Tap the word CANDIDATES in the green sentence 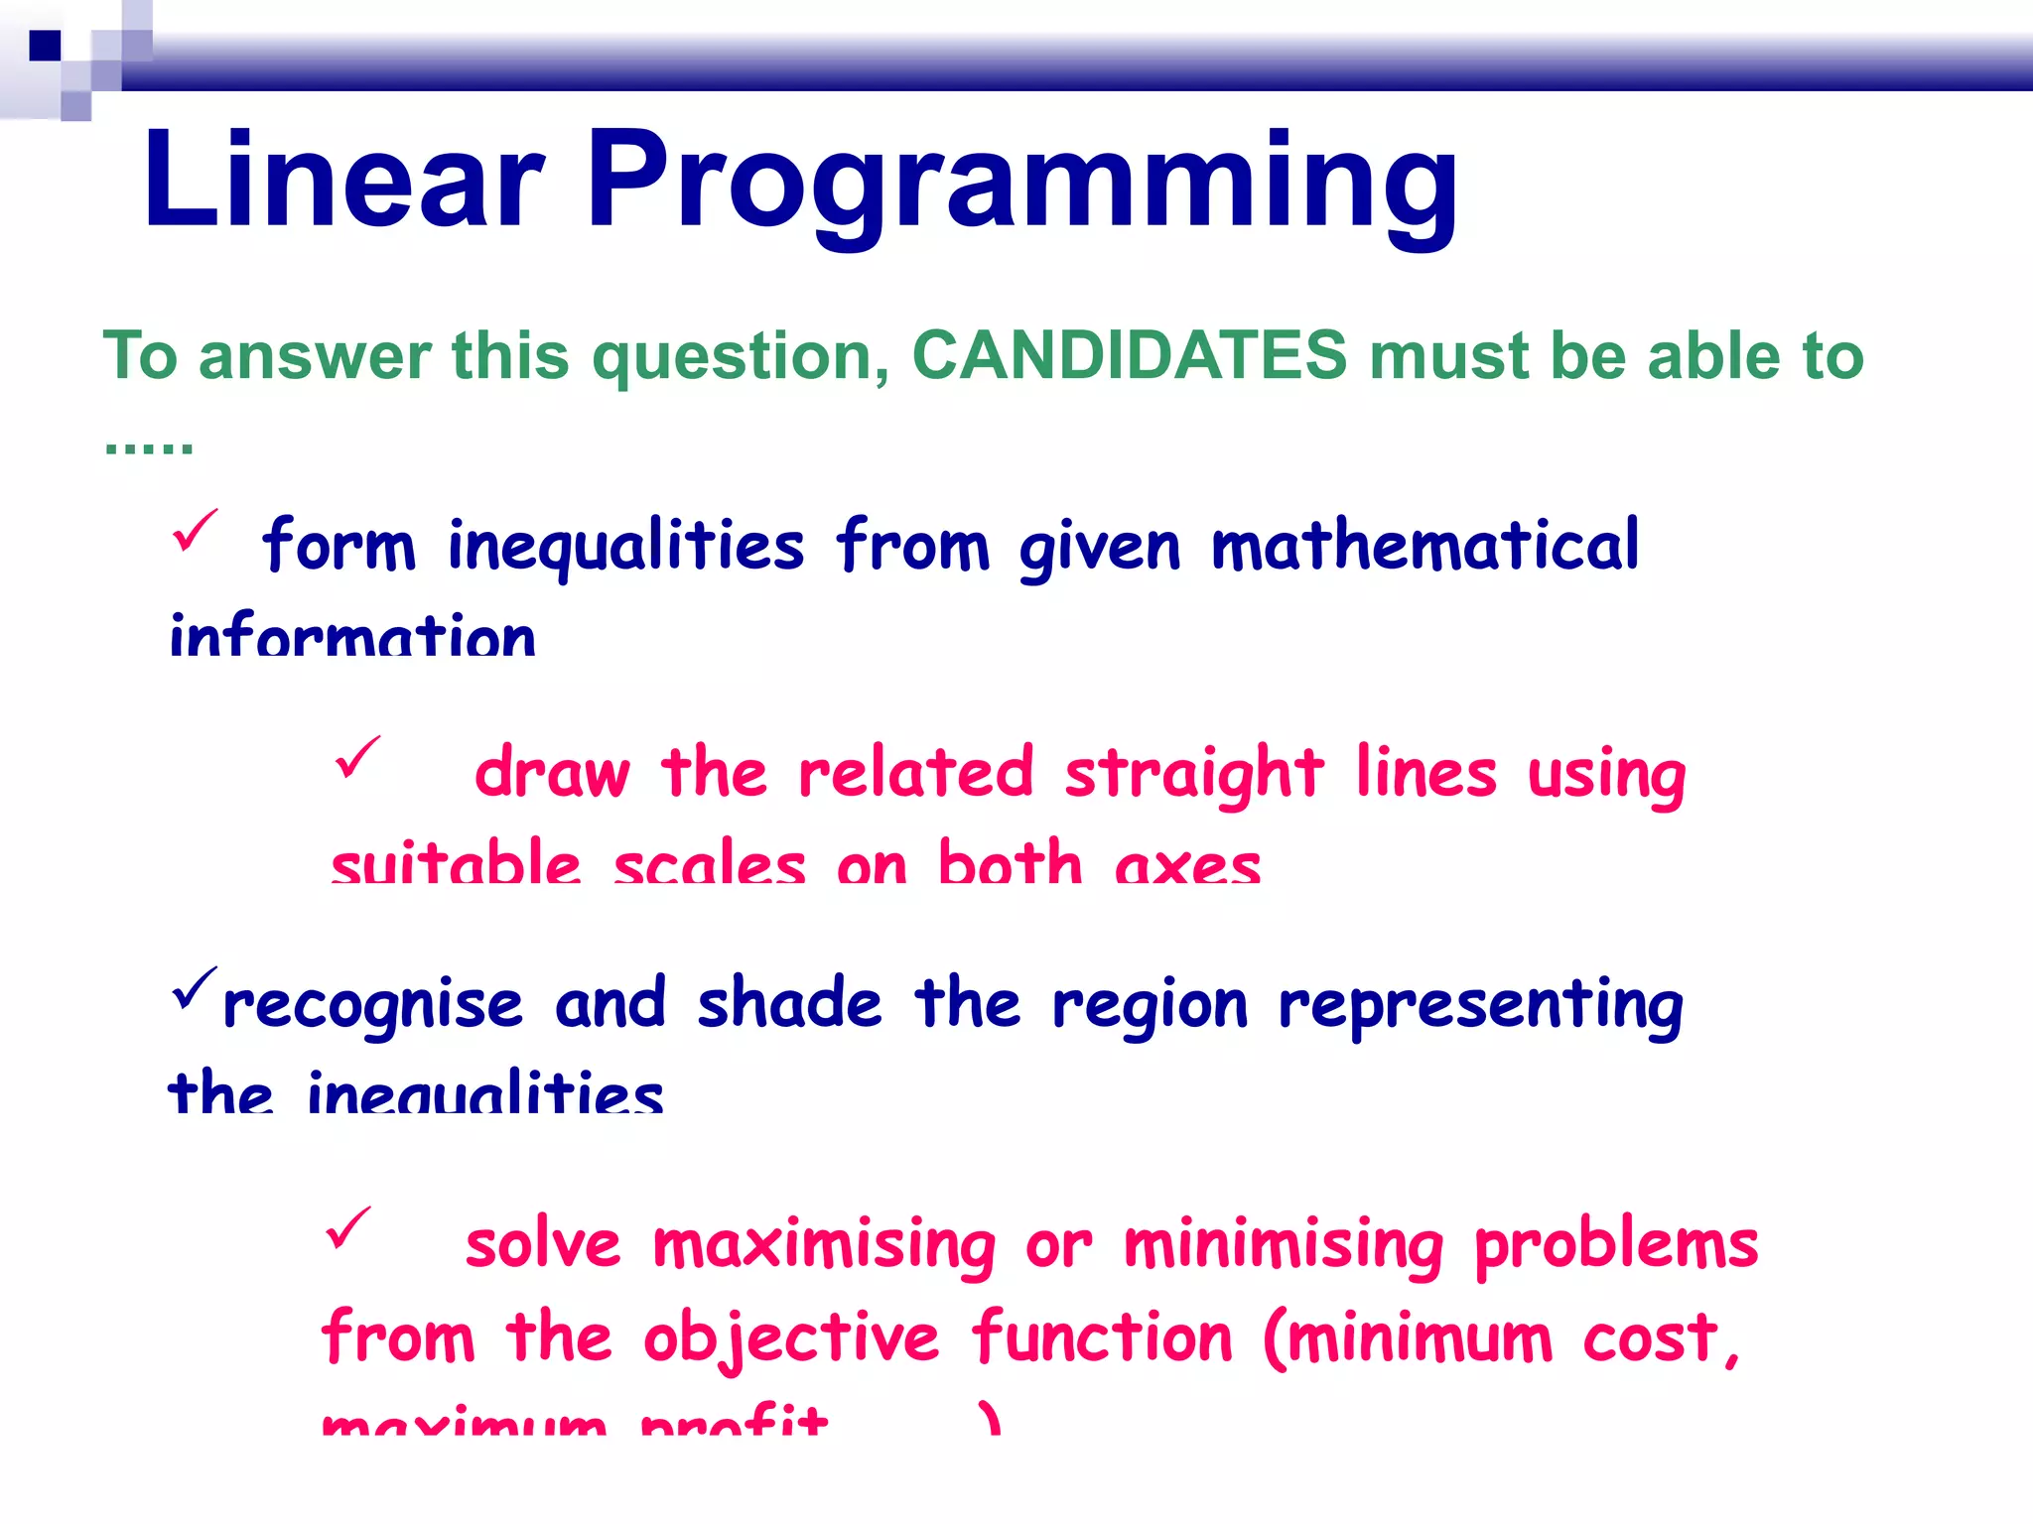point(1130,355)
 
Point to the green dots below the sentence point(149,447)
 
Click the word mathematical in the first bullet point(1424,546)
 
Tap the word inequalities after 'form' point(625,548)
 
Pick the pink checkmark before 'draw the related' point(357,758)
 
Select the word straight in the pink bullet point(1193,774)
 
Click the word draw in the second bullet point(552,774)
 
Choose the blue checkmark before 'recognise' point(193,988)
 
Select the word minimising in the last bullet point(1283,1246)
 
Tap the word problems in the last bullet point(1616,1246)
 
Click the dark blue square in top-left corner point(45,46)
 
